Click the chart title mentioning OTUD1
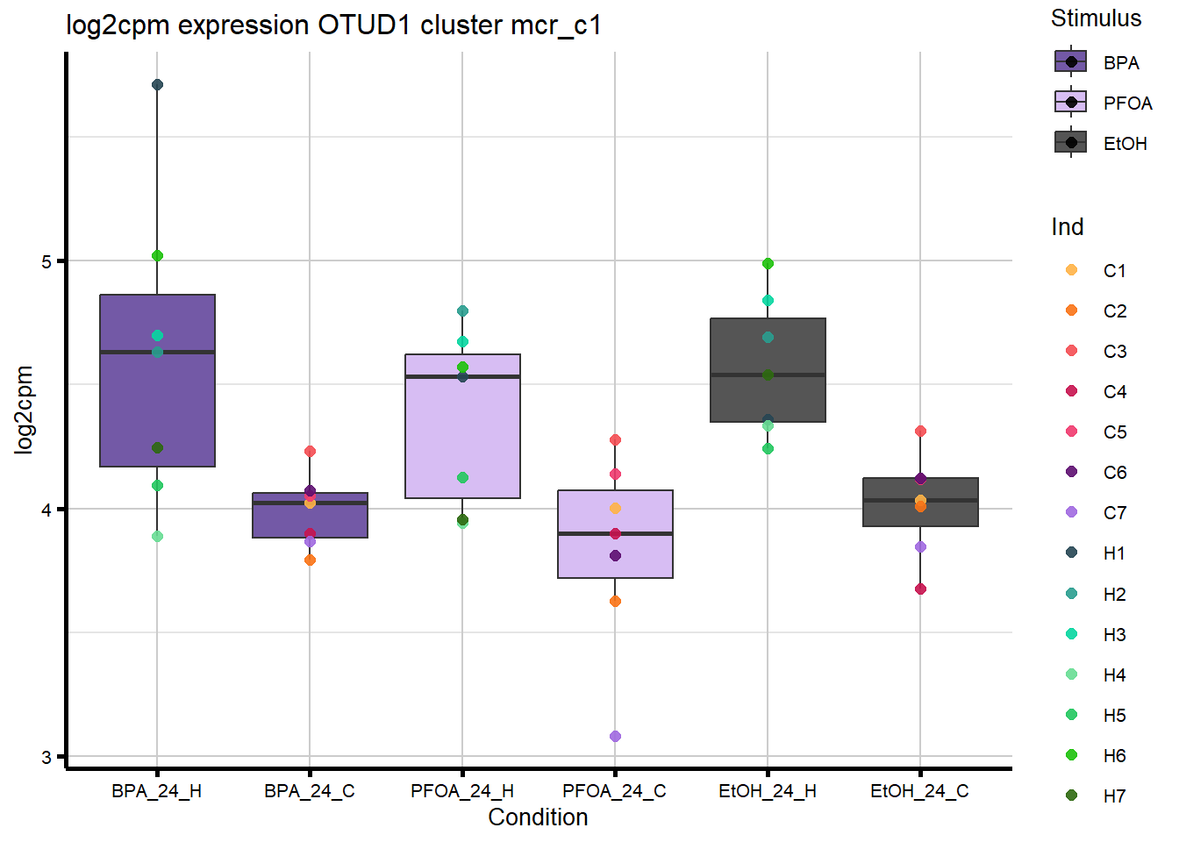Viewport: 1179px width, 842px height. (333, 25)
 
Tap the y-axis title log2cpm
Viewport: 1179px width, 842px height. (25, 410)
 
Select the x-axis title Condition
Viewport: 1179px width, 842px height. (538, 817)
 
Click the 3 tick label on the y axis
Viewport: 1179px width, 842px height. (47, 757)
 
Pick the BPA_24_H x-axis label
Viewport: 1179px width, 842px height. (156, 791)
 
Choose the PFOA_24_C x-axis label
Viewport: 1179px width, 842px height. (614, 791)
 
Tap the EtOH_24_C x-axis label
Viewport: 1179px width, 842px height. (919, 791)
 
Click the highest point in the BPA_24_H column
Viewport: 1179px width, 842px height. (157, 85)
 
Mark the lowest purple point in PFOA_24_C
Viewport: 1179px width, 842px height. (615, 736)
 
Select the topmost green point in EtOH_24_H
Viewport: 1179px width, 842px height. (768, 263)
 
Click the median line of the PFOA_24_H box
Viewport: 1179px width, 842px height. (462, 376)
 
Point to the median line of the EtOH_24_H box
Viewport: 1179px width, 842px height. (768, 375)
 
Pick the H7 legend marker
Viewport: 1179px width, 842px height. (1071, 796)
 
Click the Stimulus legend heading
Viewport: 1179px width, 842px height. (1096, 18)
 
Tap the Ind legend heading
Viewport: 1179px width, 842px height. (1068, 227)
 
